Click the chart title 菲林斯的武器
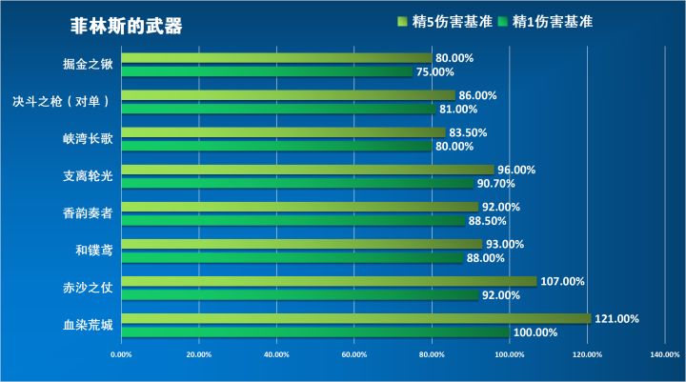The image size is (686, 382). (x=126, y=27)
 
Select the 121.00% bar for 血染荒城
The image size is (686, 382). (x=356, y=319)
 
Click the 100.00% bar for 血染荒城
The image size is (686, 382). (x=315, y=332)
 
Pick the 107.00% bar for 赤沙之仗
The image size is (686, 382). (x=330, y=282)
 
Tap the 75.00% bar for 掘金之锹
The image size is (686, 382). (x=268, y=71)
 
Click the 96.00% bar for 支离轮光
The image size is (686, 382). (x=309, y=170)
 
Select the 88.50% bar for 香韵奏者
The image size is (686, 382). (x=294, y=221)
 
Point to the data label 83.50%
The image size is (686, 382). (x=468, y=132)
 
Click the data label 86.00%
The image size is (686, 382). (x=477, y=95)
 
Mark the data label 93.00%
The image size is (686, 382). (x=505, y=244)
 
